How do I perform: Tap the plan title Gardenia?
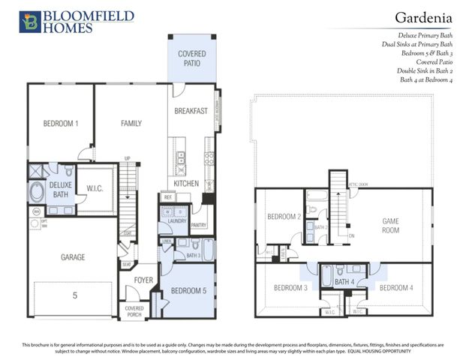pos(425,17)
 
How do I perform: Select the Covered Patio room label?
pos(192,59)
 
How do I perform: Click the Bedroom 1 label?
pos(61,123)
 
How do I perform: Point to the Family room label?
pos(131,123)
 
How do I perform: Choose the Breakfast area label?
pos(191,111)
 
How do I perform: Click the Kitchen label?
pos(186,183)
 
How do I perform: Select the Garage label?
pos(73,257)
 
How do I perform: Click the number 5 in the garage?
pos(74,295)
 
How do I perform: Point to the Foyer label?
pos(144,281)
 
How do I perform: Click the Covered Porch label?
pos(134,311)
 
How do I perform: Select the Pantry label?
pos(199,224)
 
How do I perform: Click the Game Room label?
pos(390,226)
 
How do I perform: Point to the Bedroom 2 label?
pos(283,217)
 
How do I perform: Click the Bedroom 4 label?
pos(395,288)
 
